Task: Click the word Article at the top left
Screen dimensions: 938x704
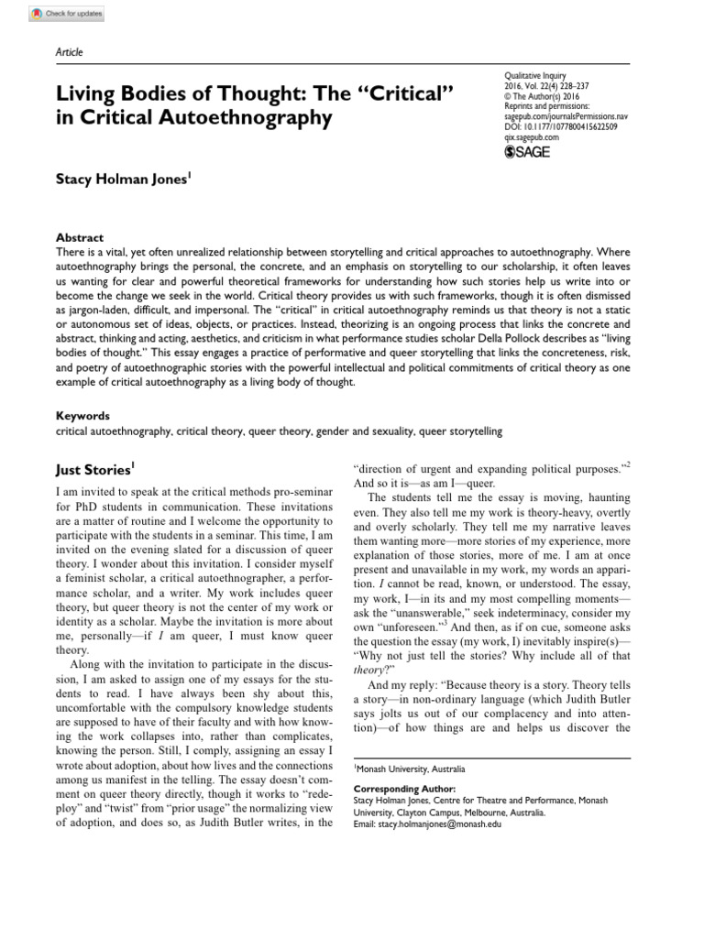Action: pyautogui.click(x=71, y=52)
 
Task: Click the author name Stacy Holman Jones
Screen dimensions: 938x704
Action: pyautogui.click(x=123, y=180)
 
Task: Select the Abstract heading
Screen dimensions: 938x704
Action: pyautogui.click(x=80, y=237)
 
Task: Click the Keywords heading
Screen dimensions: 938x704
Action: pyautogui.click(x=84, y=415)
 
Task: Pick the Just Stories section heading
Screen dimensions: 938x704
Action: pyautogui.click(x=93, y=470)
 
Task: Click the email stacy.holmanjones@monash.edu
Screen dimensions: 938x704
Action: pyautogui.click(x=426, y=824)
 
